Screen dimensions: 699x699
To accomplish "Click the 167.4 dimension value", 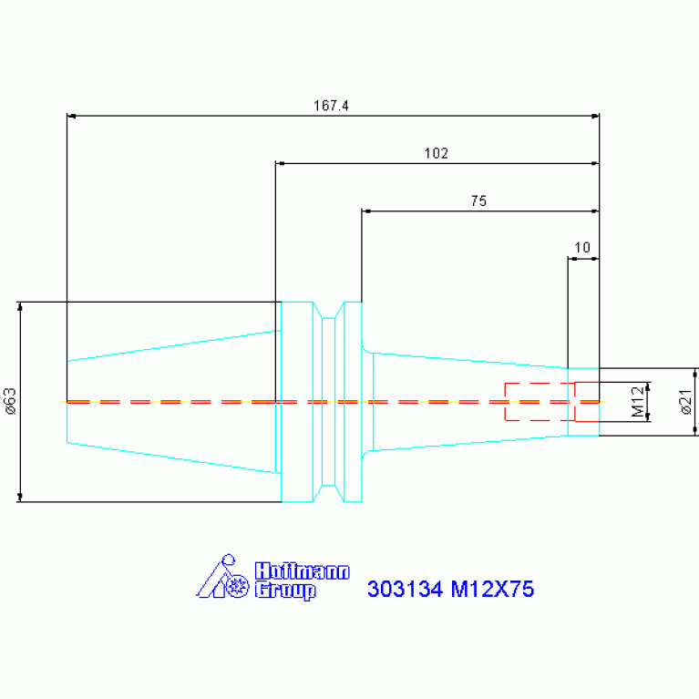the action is pyautogui.click(x=331, y=106).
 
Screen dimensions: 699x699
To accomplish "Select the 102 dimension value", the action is pyautogui.click(x=436, y=153).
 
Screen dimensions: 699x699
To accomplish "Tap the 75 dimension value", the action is pyautogui.click(x=478, y=201).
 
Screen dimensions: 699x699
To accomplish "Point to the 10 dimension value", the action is pyautogui.click(x=582, y=247).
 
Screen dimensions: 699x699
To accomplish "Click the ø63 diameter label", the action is pyautogui.click(x=10, y=401).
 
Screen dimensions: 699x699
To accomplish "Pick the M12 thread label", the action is pyautogui.click(x=637, y=401).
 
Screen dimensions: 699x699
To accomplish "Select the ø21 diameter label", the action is pyautogui.click(x=686, y=401).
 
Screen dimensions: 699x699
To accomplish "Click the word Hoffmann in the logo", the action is pyautogui.click(x=303, y=571).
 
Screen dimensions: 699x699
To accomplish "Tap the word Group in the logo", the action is pyautogui.click(x=285, y=591).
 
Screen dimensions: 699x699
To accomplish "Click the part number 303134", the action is pyautogui.click(x=405, y=589).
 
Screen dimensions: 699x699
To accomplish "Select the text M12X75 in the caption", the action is pyautogui.click(x=492, y=589).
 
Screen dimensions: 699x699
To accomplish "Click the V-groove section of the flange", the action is pyautogui.click(x=329, y=402).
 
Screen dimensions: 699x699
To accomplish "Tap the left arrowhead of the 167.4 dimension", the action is pyautogui.click(x=71, y=116).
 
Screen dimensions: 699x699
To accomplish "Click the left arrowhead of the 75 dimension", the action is pyautogui.click(x=366, y=211).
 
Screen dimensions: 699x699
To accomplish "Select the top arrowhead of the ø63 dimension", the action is pyautogui.click(x=20, y=306).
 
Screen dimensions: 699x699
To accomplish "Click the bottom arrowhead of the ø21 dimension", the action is pyautogui.click(x=695, y=431).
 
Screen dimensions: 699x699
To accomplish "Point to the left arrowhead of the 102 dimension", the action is pyautogui.click(x=280, y=164).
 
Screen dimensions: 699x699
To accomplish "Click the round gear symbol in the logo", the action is pyautogui.click(x=237, y=586).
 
